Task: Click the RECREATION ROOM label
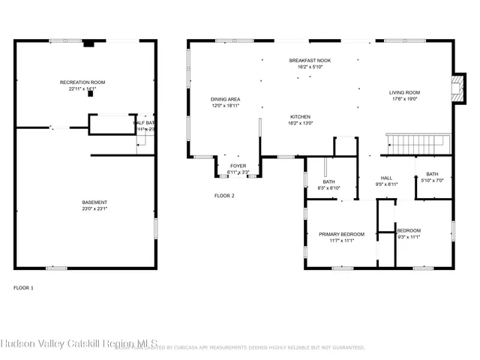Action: click(x=82, y=82)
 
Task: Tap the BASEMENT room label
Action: click(x=94, y=202)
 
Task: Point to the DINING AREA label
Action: click(x=225, y=99)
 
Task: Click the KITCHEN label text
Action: click(x=301, y=117)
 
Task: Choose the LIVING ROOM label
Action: click(x=404, y=92)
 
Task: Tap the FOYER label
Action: click(x=238, y=166)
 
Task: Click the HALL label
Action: click(x=387, y=178)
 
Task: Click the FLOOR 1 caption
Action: click(x=23, y=287)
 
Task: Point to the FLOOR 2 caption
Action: click(x=224, y=195)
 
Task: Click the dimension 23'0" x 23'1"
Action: click(x=94, y=209)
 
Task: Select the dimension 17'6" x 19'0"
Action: click(x=403, y=99)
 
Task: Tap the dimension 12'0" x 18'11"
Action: click(x=225, y=106)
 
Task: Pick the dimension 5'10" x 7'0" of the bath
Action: click(x=432, y=181)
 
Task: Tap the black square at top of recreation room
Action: click(x=88, y=44)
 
